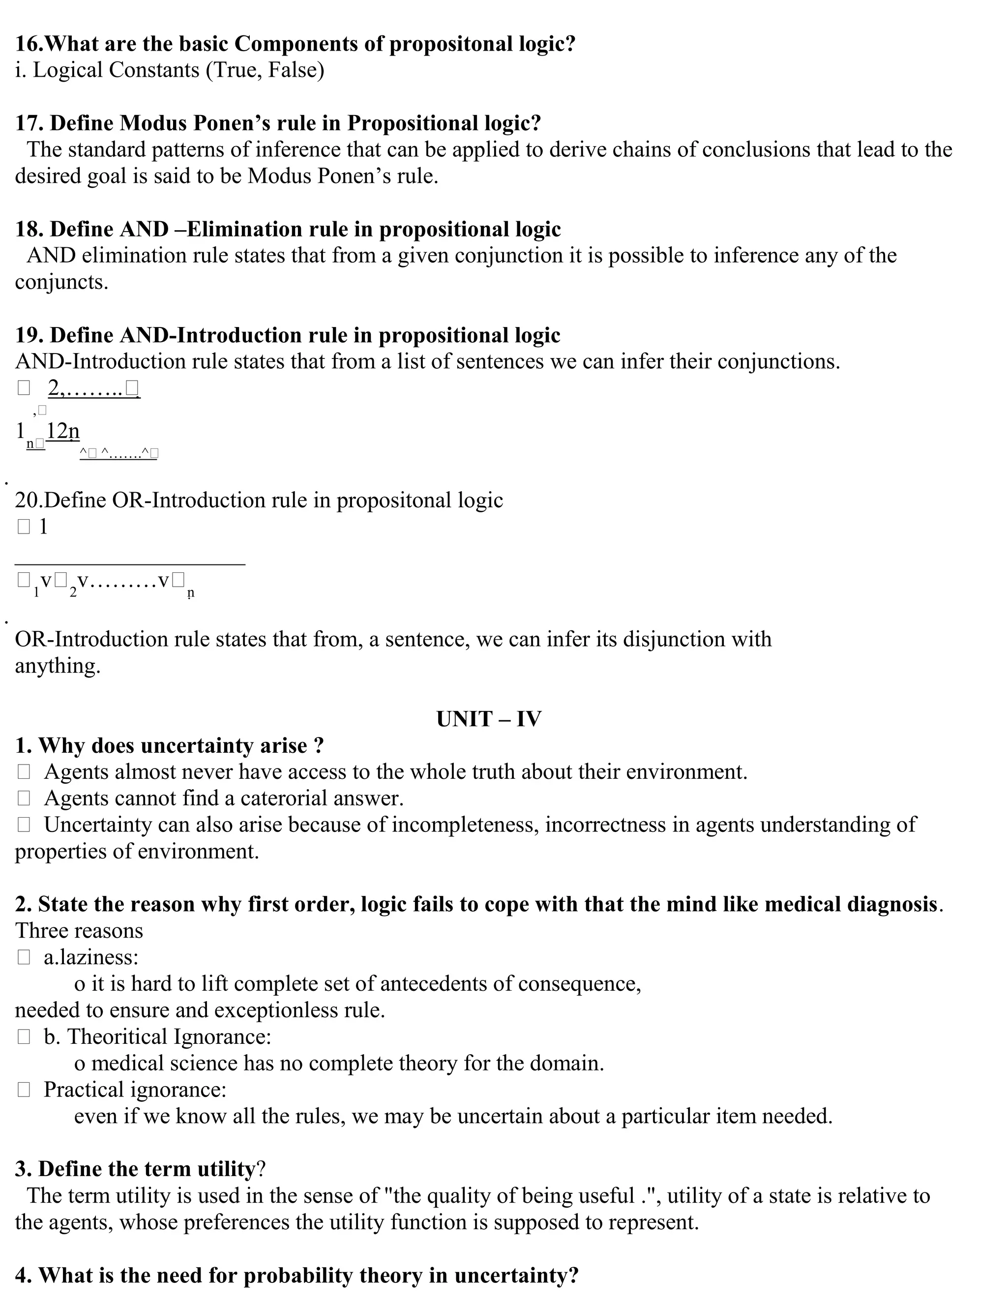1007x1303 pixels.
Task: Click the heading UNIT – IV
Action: (489, 719)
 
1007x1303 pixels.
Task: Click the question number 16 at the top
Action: (27, 44)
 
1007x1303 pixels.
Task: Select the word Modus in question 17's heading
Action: (150, 123)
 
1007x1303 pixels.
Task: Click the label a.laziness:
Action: (90, 957)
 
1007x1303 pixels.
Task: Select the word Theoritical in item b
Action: (117, 1037)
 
